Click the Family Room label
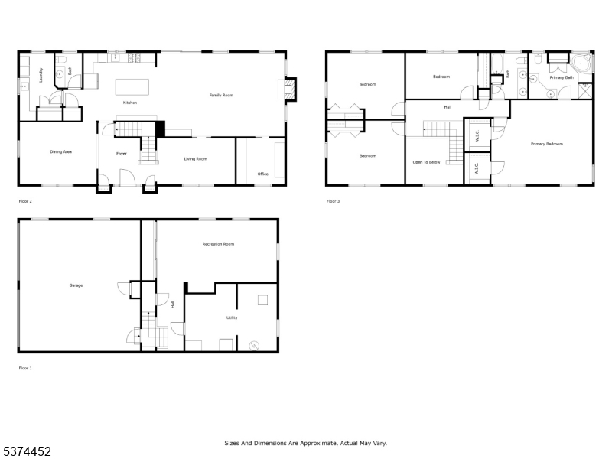point(221,95)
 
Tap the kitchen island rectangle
point(132,87)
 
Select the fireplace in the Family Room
point(288,90)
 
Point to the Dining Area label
point(61,151)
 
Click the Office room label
point(263,174)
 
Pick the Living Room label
point(196,159)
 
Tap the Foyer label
point(122,154)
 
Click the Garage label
point(76,285)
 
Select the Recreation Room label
point(218,244)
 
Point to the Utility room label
point(232,317)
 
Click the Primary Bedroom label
point(547,144)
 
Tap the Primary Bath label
point(562,78)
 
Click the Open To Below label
point(427,162)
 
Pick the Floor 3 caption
point(334,201)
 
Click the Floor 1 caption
point(25,368)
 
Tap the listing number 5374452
point(26,451)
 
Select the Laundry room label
point(41,75)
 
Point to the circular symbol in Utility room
point(254,346)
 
